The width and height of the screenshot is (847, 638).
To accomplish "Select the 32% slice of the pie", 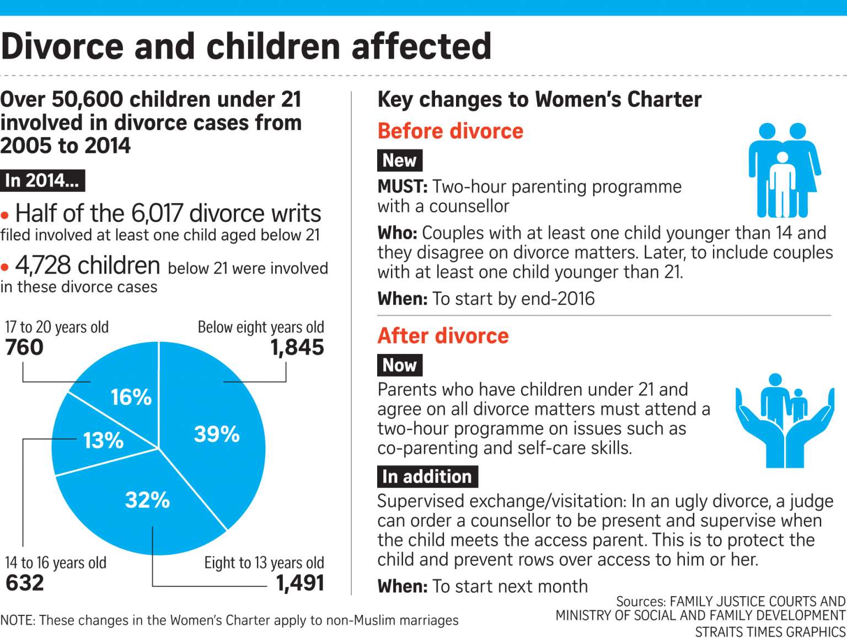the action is [x=143, y=505].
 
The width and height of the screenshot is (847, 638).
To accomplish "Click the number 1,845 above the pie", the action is [x=297, y=347].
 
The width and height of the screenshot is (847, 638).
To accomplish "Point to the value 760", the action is [x=24, y=347].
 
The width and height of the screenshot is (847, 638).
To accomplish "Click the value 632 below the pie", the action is [x=25, y=583].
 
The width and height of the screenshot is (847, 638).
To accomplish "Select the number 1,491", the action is [x=300, y=583].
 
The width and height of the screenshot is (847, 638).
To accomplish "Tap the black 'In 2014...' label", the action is [x=42, y=180].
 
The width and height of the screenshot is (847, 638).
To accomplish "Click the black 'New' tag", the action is [x=400, y=160].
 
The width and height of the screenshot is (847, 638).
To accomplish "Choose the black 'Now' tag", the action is [x=400, y=365].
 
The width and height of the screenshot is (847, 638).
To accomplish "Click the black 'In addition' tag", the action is [x=427, y=477].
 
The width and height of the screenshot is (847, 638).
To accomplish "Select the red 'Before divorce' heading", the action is [x=451, y=131].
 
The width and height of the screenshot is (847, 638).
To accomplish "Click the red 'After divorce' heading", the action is [x=443, y=336].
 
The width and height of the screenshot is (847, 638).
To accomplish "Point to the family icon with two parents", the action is [x=785, y=170].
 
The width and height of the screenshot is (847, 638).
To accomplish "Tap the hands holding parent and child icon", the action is [x=785, y=421].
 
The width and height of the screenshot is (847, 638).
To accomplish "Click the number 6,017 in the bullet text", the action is [x=157, y=213].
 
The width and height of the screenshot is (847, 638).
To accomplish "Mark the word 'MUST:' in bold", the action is [x=403, y=187].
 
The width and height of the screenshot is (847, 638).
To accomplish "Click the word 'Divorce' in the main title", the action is [x=62, y=46].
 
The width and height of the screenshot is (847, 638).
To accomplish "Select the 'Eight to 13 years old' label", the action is [x=264, y=563].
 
